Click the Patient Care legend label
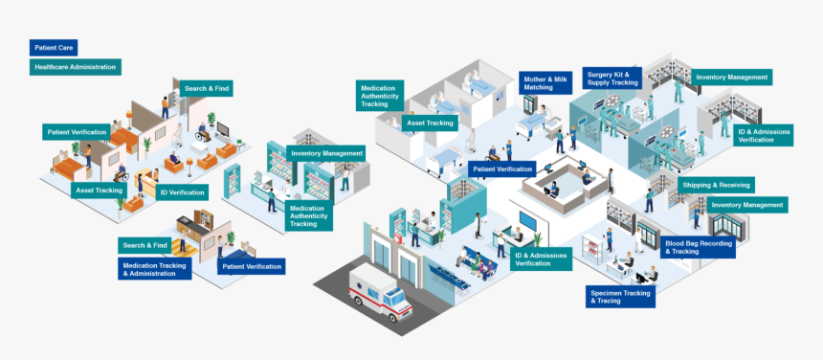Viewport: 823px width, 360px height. pyautogui.click(x=54, y=47)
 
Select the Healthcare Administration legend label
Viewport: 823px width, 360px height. pyautogui.click(x=76, y=67)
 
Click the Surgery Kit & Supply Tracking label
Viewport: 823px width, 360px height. pyautogui.click(x=612, y=79)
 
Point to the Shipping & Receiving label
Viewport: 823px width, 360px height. pyautogui.click(x=716, y=185)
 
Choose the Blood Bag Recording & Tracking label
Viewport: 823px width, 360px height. pyautogui.click(x=699, y=248)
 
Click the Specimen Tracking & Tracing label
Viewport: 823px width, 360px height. pyautogui.click(x=620, y=297)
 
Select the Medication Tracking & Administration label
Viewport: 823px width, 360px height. pyautogui.click(x=154, y=269)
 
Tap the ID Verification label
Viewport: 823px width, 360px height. pyautogui.click(x=182, y=192)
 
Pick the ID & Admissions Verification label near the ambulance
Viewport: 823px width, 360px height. pyautogui.click(x=541, y=259)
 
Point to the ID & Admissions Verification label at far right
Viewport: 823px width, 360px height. pyautogui.click(x=764, y=135)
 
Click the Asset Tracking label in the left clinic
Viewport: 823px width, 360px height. pyautogui.click(x=99, y=191)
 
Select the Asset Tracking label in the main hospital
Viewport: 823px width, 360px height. pyautogui.click(x=431, y=124)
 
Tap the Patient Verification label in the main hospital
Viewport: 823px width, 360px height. pyautogui.click(x=501, y=169)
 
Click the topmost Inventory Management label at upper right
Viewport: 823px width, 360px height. pyautogui.click(x=731, y=77)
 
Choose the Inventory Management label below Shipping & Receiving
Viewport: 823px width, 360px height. pyautogui.click(x=747, y=205)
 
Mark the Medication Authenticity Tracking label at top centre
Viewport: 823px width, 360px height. pyautogui.click(x=380, y=94)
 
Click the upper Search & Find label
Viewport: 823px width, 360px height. pyautogui.click(x=207, y=88)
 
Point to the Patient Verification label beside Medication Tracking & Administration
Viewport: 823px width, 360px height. pyautogui.click(x=251, y=266)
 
